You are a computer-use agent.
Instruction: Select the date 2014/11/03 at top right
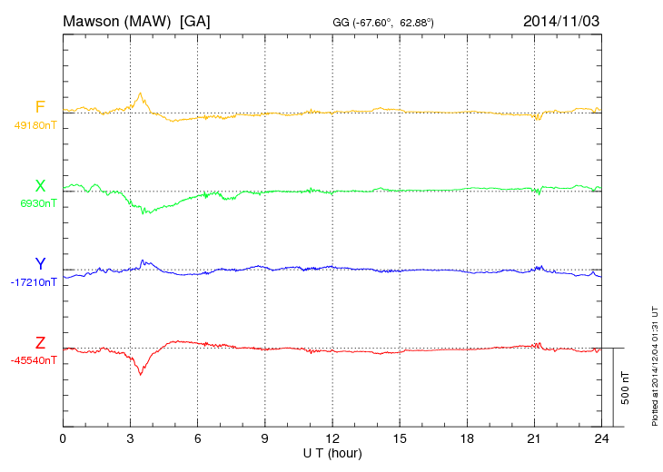[561, 20]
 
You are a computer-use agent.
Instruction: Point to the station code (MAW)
[151, 20]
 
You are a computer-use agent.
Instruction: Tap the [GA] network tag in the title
[195, 20]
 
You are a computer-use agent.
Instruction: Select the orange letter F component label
[40, 107]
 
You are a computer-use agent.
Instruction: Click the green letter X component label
[40, 186]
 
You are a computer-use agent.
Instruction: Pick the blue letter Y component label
[40, 264]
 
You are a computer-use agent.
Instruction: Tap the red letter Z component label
[40, 342]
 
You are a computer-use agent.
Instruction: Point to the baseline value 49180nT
[35, 125]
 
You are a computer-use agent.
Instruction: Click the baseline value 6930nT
[37, 203]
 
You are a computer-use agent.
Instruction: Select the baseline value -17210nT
[34, 282]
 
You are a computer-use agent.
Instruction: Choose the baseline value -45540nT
[34, 360]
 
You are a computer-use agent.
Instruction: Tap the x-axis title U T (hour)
[332, 452]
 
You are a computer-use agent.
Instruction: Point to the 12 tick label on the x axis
[332, 438]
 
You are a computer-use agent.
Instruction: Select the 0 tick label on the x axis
[63, 438]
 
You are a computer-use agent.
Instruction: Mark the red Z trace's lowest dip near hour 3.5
[140, 374]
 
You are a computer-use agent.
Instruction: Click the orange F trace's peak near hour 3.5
[140, 93]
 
